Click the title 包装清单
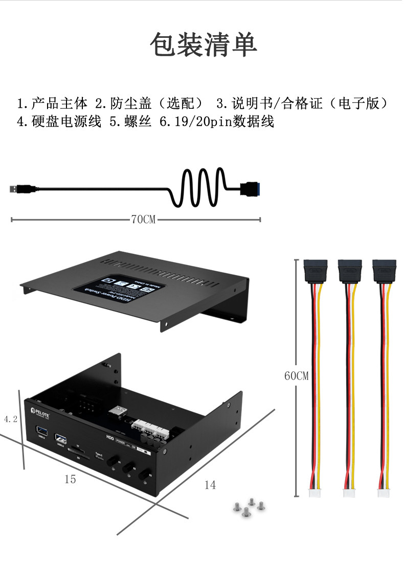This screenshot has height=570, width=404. tap(203, 45)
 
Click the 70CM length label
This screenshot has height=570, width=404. tap(143, 220)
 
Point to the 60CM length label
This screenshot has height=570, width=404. tap(297, 376)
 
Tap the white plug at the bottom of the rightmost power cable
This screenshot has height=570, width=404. tap(384, 493)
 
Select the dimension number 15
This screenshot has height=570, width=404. tap(70, 479)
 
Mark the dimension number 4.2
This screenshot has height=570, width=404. tap(11, 419)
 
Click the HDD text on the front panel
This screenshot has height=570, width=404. tap(109, 438)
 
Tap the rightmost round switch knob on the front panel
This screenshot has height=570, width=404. tap(149, 474)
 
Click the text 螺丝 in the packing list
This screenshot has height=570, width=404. tap(138, 122)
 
